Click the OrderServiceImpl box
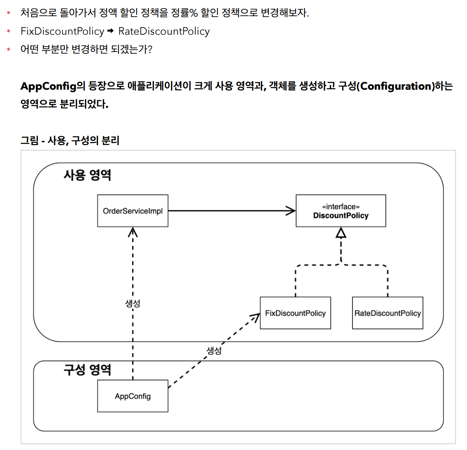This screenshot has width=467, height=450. point(133,211)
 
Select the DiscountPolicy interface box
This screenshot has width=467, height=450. point(341,211)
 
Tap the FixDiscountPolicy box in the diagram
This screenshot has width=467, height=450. point(295,313)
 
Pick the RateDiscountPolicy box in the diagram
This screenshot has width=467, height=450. point(387,313)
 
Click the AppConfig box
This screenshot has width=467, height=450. point(133,396)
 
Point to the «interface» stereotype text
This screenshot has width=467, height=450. point(341,207)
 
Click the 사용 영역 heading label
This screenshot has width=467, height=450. point(87,175)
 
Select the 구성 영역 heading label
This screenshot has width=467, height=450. point(87,370)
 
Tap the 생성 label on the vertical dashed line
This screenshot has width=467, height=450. point(133,303)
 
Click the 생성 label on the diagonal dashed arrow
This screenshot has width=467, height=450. point(214,351)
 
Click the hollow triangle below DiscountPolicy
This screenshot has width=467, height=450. point(341,233)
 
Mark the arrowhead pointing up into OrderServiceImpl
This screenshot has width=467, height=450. point(133,231)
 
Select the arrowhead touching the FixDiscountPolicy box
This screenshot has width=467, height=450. point(256,317)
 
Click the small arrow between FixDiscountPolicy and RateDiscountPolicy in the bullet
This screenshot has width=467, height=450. point(111,31)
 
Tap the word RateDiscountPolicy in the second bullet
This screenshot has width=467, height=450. point(164,31)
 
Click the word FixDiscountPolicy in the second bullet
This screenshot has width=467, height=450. point(62,31)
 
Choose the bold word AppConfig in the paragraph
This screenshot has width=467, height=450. point(48,86)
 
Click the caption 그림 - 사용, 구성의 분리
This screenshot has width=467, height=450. point(70,141)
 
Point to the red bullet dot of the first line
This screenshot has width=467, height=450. point(8,13)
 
